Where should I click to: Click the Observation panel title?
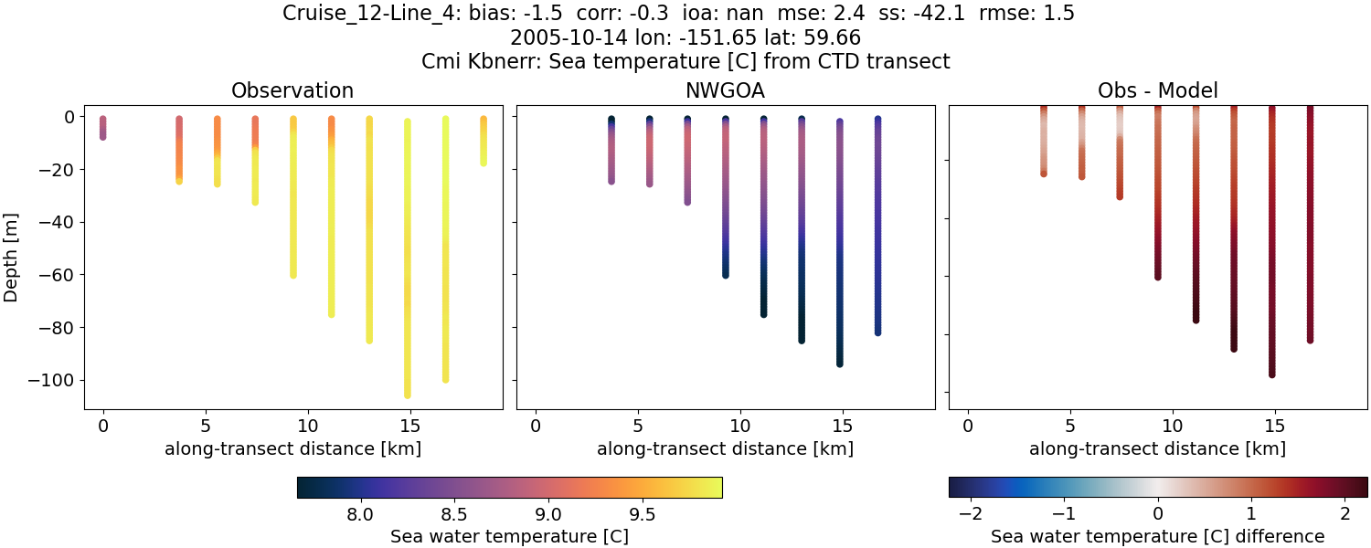(292, 91)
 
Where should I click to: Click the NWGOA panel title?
(726, 91)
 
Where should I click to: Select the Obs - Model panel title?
(1158, 91)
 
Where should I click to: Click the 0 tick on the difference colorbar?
(1158, 513)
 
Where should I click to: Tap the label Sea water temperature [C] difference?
(1158, 536)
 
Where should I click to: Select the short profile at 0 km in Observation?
(103, 128)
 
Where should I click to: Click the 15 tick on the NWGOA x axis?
(841, 426)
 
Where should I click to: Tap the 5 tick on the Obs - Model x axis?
(1069, 426)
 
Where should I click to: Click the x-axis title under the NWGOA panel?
(726, 448)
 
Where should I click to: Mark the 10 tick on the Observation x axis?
(308, 426)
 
